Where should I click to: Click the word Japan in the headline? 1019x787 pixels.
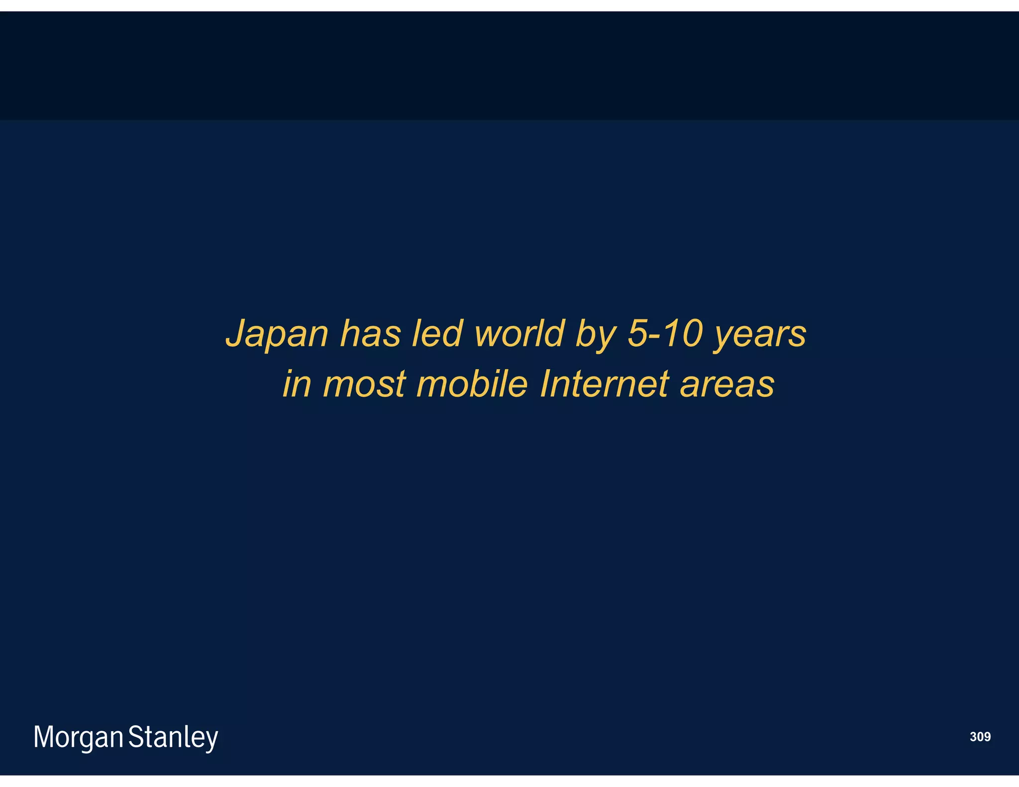[277, 334]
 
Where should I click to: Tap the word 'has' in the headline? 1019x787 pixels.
[371, 333]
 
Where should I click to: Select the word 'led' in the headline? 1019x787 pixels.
[437, 333]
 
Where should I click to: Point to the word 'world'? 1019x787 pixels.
[519, 333]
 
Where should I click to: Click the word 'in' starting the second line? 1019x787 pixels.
[297, 384]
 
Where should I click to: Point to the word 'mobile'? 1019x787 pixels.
[472, 384]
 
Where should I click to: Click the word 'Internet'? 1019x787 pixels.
[604, 384]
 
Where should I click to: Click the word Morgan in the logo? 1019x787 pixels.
[79, 737]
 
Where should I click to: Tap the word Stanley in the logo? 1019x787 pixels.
[173, 737]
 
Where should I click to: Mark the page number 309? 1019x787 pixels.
[980, 737]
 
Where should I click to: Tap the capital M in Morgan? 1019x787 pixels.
[43, 736]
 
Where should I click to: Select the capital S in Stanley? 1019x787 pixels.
[136, 736]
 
